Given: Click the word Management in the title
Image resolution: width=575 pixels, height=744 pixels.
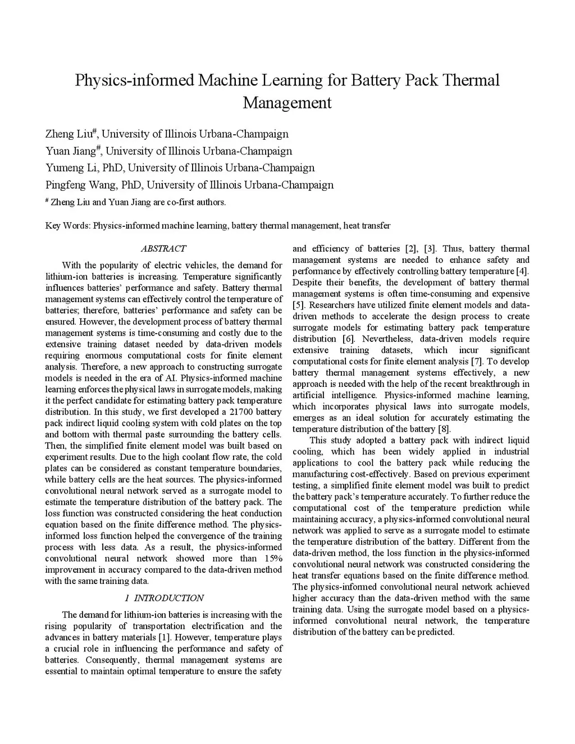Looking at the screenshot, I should tap(287, 103).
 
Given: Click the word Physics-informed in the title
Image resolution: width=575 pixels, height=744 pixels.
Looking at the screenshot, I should tap(134, 80).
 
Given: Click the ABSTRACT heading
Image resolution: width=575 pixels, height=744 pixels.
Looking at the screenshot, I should tap(163, 248).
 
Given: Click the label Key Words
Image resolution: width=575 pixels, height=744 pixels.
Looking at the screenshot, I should tap(67, 226).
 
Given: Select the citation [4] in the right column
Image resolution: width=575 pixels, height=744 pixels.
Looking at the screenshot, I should tap(522, 271).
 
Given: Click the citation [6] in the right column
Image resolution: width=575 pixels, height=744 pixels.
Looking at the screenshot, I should tap(348, 339).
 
